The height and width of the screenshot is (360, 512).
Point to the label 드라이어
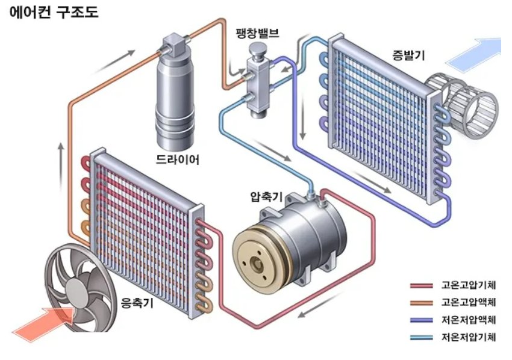click(x=177, y=160)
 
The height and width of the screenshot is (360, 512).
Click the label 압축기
click(x=267, y=196)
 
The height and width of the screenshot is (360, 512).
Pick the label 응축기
click(x=137, y=302)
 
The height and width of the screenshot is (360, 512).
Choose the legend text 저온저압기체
click(x=468, y=337)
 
